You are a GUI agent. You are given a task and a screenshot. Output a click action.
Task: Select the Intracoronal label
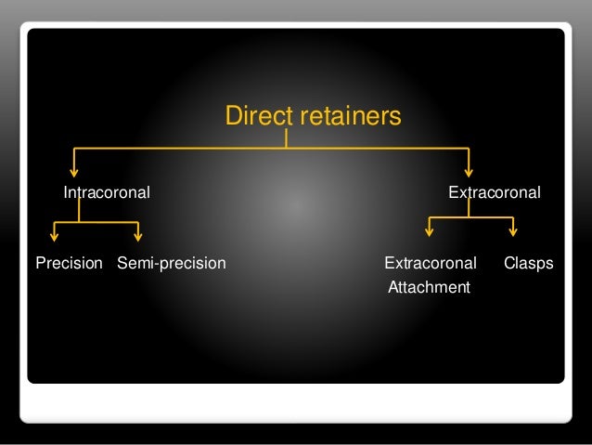tap(107, 193)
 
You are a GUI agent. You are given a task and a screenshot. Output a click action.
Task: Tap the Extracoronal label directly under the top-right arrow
tap(495, 193)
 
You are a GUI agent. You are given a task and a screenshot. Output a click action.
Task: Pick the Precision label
tap(69, 264)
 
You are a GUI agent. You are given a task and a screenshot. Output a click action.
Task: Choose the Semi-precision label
tap(172, 264)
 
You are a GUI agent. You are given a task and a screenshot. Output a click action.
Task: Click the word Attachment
tap(429, 288)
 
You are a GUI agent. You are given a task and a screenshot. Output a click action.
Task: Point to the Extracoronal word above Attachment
tap(431, 264)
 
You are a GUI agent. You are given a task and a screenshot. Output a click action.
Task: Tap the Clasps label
tap(528, 264)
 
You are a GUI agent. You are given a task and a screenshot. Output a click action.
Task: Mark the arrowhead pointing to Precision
tap(54, 236)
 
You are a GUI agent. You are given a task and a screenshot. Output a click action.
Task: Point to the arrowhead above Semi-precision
tap(139, 236)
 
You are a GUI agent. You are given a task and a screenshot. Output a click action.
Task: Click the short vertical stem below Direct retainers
tap(287, 138)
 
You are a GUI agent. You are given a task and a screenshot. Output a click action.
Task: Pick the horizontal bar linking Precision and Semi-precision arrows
tap(97, 222)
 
